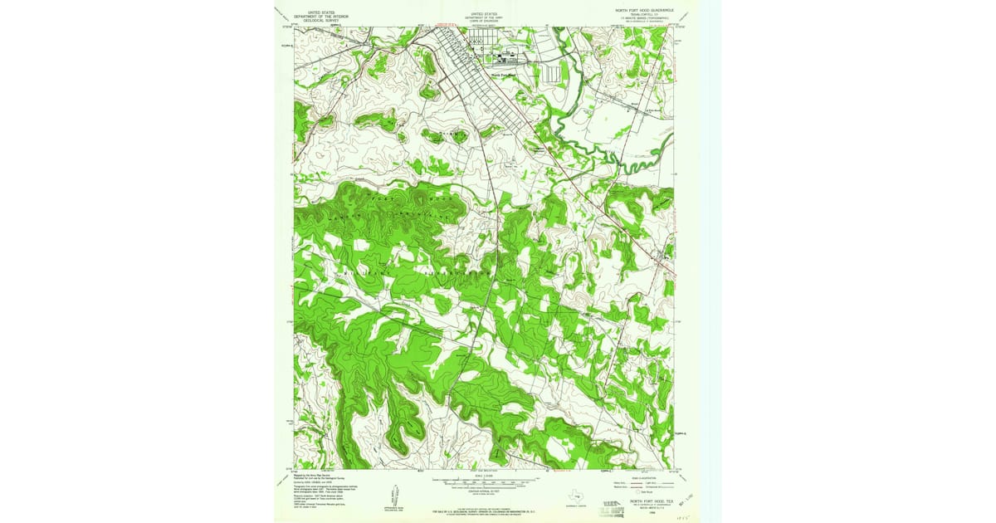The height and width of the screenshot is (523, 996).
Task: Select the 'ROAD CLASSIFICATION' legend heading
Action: click(x=642, y=476)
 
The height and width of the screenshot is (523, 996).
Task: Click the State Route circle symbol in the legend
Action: click(x=640, y=493)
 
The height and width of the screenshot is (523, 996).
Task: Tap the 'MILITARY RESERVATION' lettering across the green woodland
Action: click(x=415, y=270)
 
